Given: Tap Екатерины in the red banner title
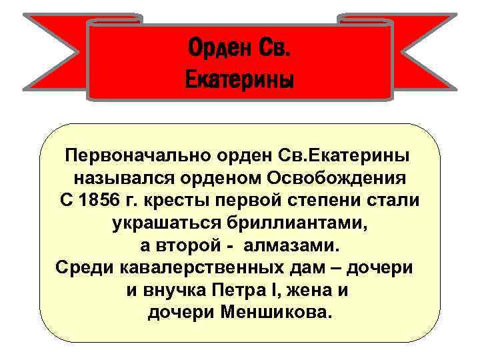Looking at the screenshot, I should coord(239,81).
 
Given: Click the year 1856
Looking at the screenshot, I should coord(107,201).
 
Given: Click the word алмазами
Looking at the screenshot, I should coord(292,245).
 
